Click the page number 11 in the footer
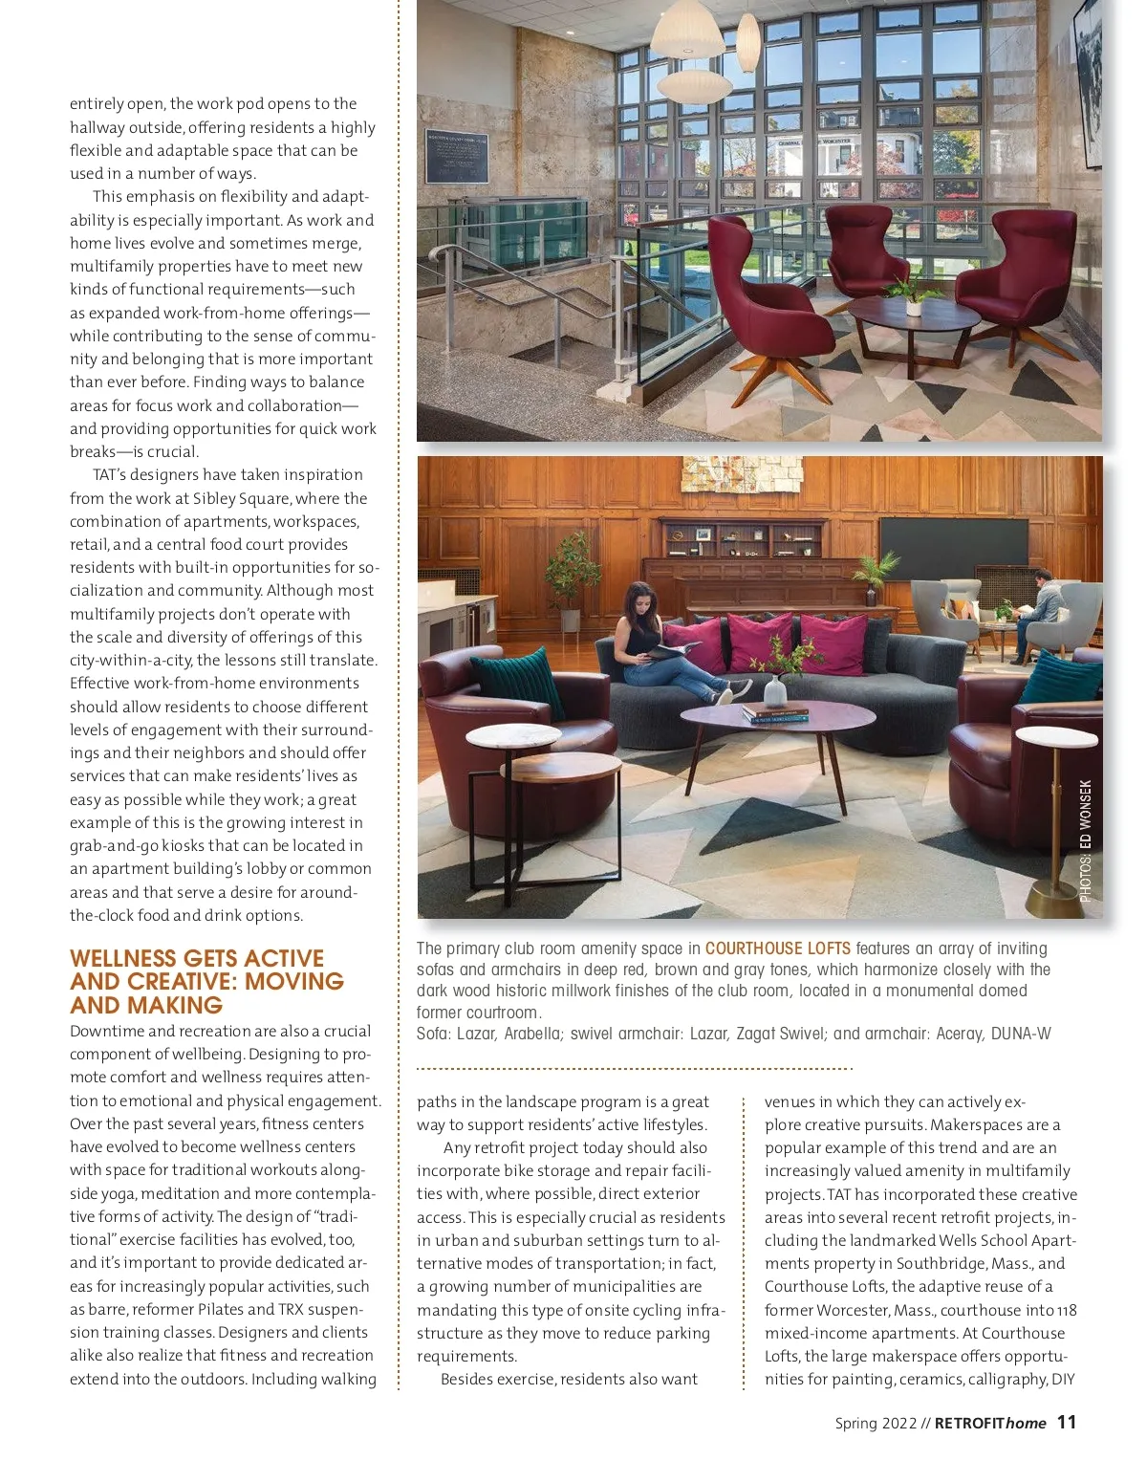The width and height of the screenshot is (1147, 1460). (1067, 1423)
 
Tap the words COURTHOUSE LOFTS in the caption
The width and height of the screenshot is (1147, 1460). (777, 948)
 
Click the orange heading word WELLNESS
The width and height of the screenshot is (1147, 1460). (122, 958)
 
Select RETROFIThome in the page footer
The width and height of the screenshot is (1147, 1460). (990, 1424)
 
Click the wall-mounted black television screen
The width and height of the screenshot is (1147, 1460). (953, 549)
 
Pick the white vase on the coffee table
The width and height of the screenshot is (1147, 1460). (775, 690)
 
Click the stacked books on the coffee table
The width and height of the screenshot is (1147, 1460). (775, 713)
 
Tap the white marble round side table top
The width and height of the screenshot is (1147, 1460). (512, 735)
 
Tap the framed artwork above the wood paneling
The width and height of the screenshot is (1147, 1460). (742, 473)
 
